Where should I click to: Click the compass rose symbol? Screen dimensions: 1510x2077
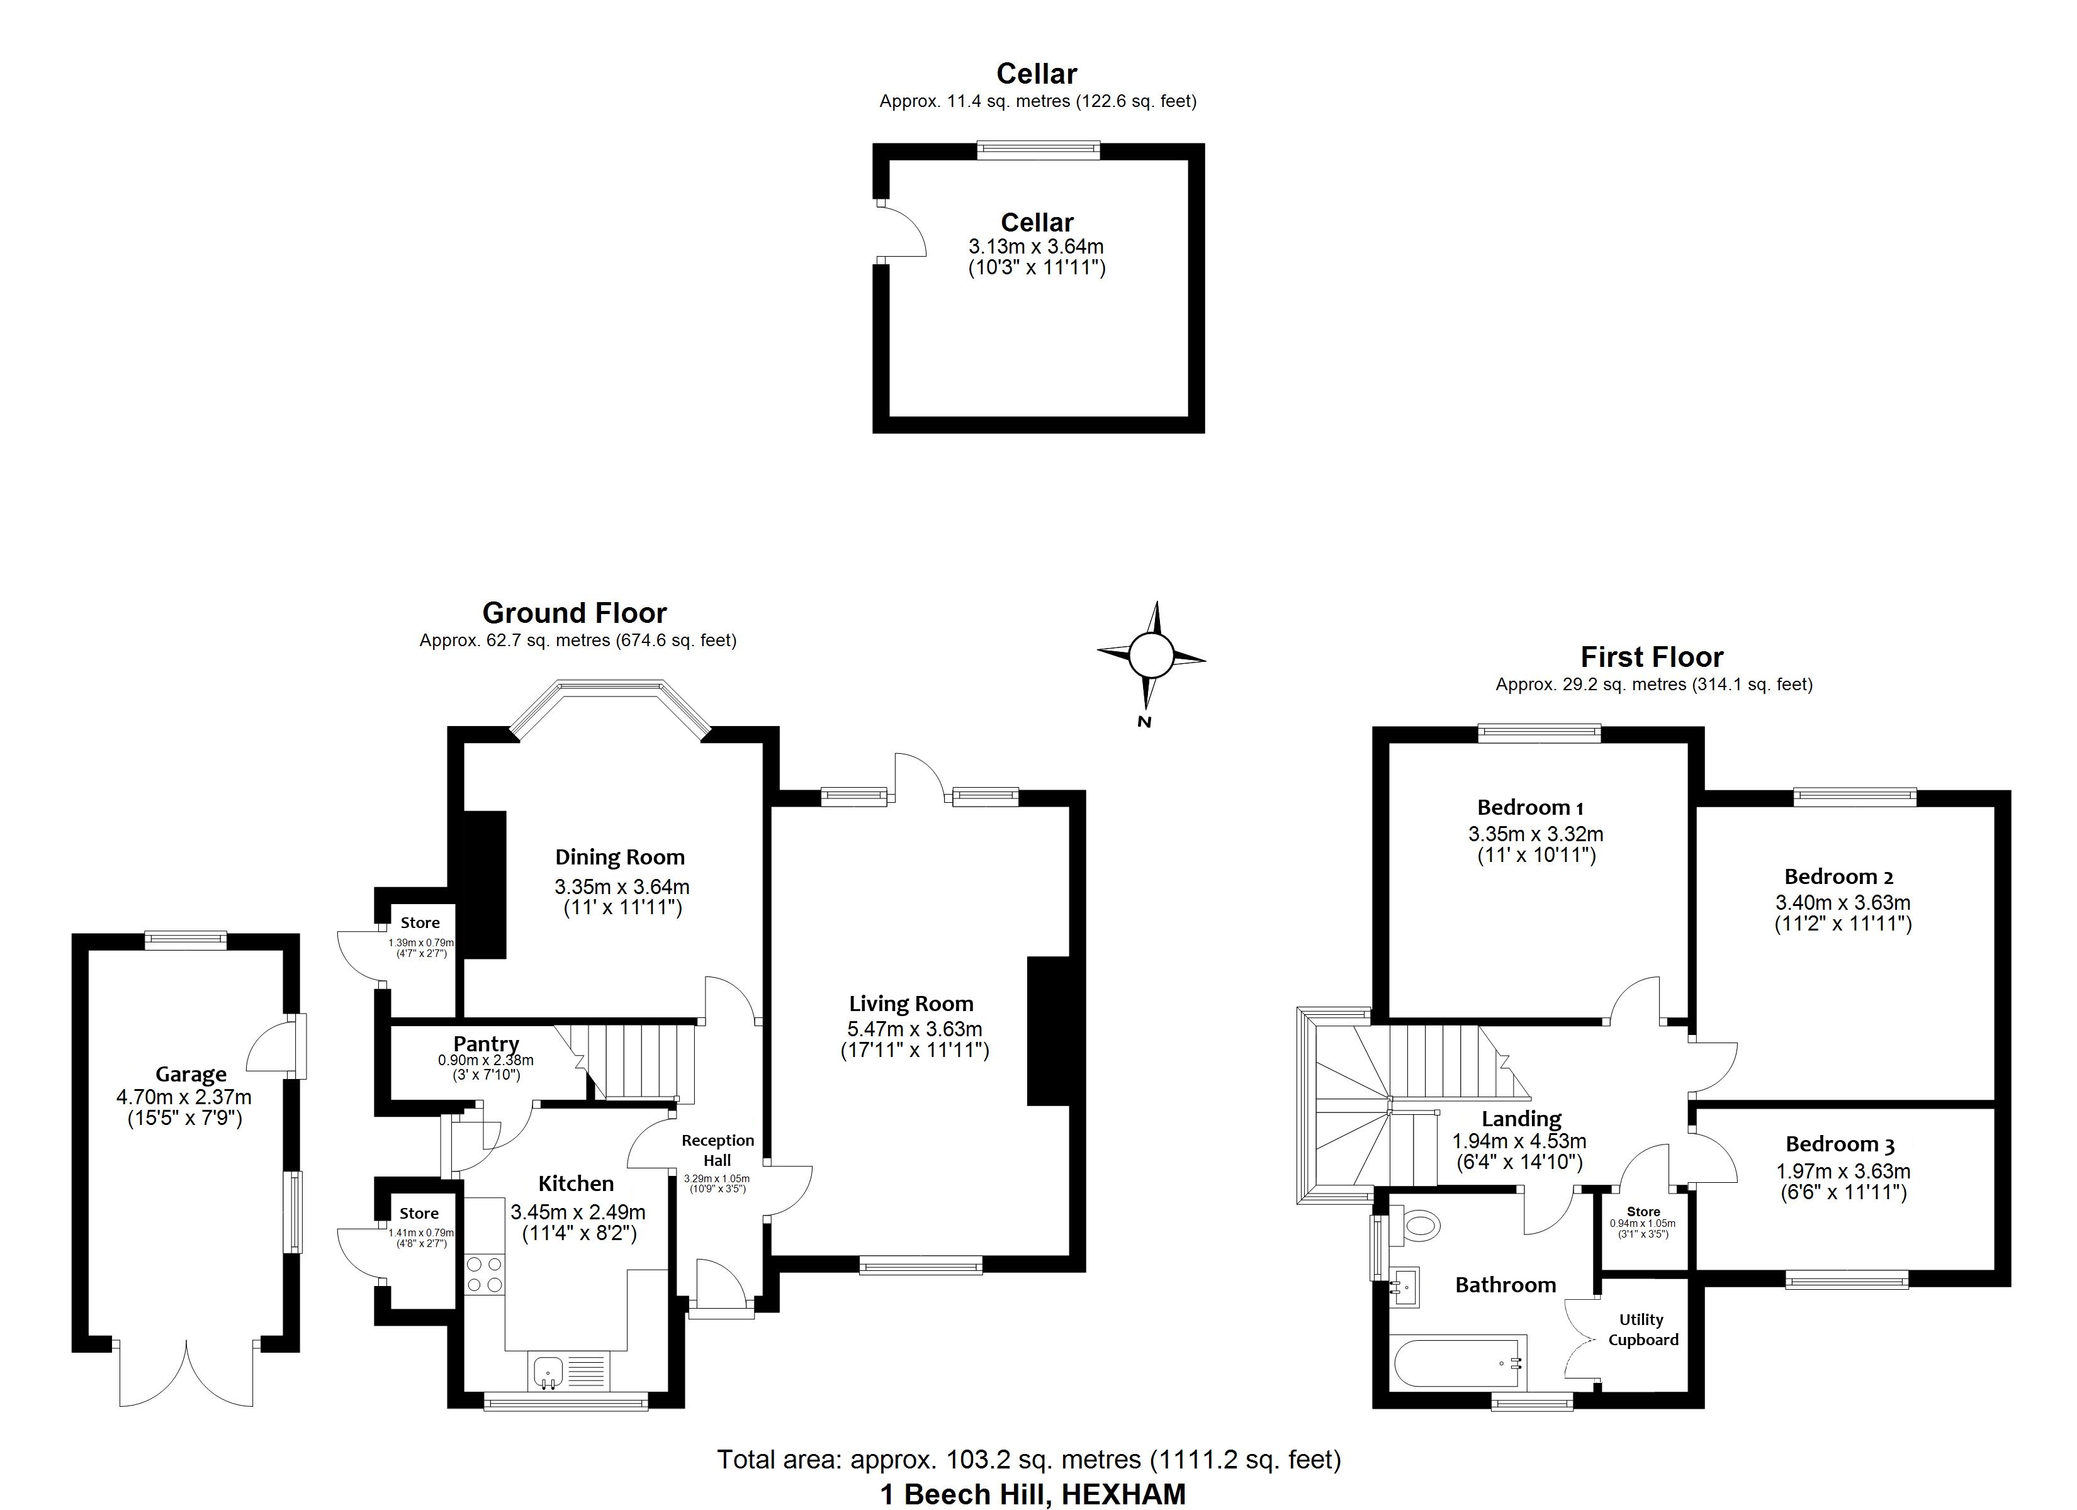[x=1151, y=656]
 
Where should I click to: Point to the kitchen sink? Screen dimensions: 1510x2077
[x=547, y=1371]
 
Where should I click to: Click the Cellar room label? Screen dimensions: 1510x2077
[x=1037, y=223]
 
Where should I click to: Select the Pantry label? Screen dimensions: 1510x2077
[x=487, y=1043]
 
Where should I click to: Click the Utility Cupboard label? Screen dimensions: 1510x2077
[x=1643, y=1329]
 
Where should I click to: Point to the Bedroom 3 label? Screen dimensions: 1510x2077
[x=1839, y=1144]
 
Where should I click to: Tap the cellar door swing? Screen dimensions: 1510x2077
[x=901, y=232]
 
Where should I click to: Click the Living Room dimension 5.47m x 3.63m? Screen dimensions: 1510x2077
[x=914, y=1028]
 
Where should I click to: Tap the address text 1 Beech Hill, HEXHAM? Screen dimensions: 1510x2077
[x=1032, y=1494]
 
